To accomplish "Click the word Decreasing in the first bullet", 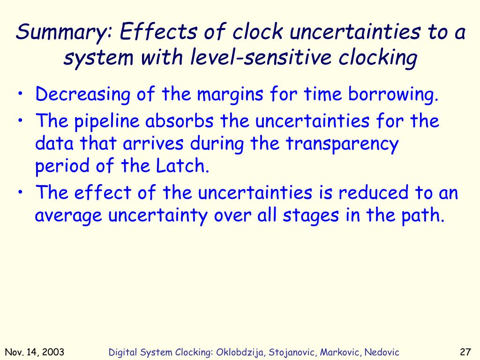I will click(83, 95).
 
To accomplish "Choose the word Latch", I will click(186, 166).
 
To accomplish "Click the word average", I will click(69, 216).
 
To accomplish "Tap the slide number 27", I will click(465, 352).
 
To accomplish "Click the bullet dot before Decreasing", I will click(22, 96).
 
